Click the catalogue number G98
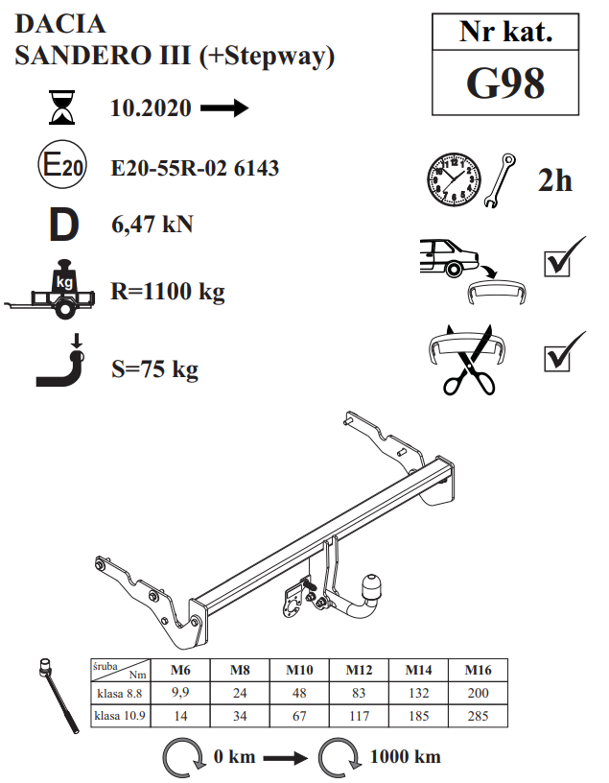pos(505,83)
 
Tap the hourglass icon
pos(62,107)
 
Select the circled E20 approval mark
pos(62,164)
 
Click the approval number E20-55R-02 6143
pos(195,168)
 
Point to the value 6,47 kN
pos(152,224)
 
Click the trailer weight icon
pos(50,290)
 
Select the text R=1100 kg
pos(168,291)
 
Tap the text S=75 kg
pos(154,369)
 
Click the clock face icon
pos(455,179)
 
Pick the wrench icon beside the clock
pos(501,180)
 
